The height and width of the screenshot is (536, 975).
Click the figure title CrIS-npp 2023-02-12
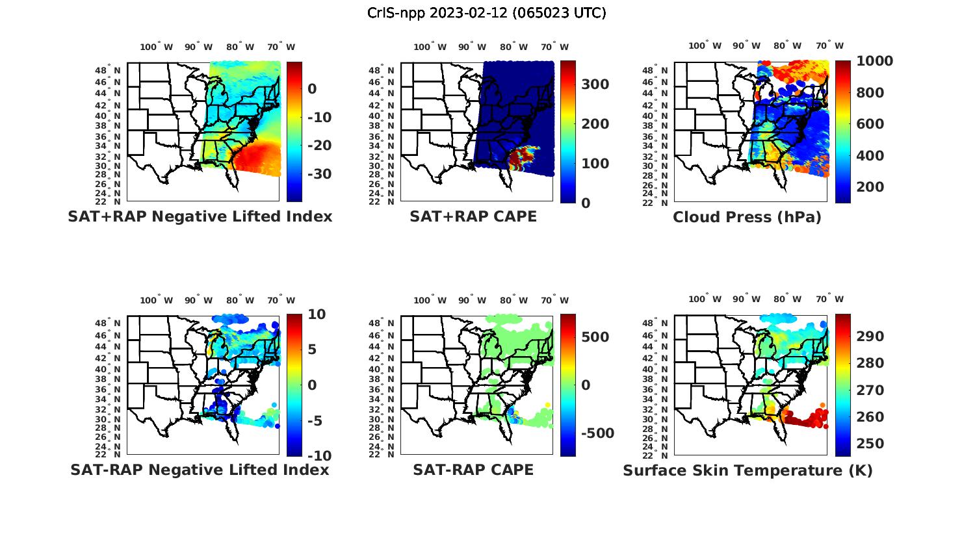pos(487,13)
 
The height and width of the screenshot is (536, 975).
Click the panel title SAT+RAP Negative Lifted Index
pos(200,216)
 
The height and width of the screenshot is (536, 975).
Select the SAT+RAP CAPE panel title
pos(473,216)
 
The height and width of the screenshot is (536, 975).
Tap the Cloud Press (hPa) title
pos(747,217)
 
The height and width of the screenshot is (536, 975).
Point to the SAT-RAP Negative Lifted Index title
pos(200,470)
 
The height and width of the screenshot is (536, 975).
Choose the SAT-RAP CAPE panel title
pos(473,470)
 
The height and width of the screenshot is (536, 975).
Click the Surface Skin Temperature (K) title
pos(747,470)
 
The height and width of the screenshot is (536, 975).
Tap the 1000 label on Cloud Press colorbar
pos(874,61)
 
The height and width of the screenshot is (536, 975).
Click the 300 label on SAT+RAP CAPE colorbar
pos(595,84)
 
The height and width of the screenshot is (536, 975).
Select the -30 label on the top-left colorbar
pos(319,174)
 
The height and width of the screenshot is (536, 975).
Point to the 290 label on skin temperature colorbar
pos(870,336)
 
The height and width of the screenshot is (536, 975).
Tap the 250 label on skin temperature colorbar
pos(870,444)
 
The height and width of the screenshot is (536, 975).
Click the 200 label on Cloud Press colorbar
pos(870,187)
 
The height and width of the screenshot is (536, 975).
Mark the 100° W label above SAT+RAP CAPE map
pos(430,47)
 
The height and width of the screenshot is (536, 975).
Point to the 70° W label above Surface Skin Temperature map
pos(829,300)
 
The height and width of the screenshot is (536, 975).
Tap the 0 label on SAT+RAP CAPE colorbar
pos(585,203)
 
